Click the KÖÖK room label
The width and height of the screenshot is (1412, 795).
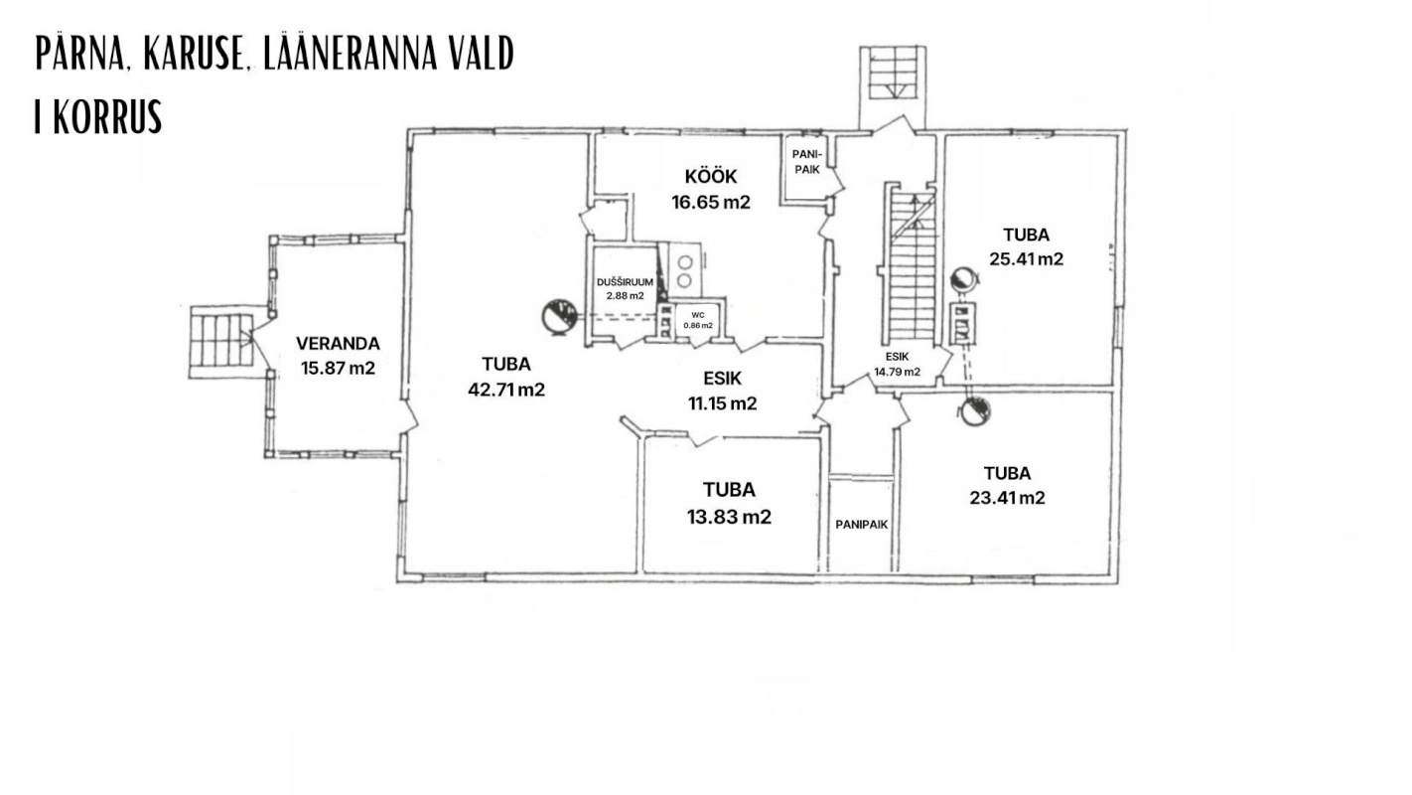710,176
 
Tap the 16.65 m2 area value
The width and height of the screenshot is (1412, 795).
710,202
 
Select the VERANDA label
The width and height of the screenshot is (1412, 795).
338,344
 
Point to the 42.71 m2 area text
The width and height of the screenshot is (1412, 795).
506,390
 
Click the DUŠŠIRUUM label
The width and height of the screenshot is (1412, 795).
625,282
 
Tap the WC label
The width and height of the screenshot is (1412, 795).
698,315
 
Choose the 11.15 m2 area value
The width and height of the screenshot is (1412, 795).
722,403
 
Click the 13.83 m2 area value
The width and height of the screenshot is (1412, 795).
729,517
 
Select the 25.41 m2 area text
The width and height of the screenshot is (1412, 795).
1026,259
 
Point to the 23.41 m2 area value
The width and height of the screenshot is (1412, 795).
1007,498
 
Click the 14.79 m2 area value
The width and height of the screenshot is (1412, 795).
897,373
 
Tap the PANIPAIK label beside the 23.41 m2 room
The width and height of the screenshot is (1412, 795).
861,525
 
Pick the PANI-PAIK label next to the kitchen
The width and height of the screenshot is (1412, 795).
807,162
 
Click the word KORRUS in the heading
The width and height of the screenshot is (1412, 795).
108,116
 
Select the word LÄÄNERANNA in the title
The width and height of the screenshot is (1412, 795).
350,53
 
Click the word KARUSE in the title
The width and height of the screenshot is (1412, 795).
195,54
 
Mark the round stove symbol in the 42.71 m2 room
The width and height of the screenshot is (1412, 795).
559,317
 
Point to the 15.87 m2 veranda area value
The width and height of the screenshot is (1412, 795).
338,368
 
